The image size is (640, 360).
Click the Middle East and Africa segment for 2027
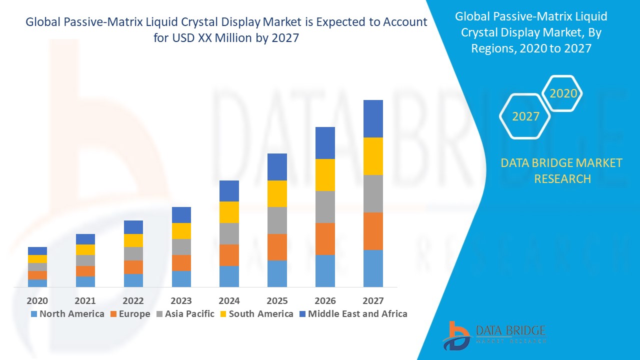point(373,118)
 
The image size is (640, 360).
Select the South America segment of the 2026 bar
point(325,175)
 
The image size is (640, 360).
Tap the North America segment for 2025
point(277,273)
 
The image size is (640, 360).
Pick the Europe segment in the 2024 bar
point(229,255)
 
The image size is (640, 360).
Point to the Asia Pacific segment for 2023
point(181,247)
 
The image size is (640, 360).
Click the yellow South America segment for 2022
point(133,240)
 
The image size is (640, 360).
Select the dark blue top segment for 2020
point(37,251)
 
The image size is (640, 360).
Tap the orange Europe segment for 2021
point(85,271)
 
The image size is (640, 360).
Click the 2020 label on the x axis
point(37,300)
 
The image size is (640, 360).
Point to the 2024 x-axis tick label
point(229,300)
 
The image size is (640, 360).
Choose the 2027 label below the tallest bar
point(373,300)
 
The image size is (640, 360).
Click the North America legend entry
point(67,314)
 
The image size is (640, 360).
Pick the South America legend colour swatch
point(223,314)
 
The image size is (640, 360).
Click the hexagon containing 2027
point(525,116)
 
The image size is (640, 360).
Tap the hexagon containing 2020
point(562,93)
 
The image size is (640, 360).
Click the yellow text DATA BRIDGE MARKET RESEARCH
point(561,170)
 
